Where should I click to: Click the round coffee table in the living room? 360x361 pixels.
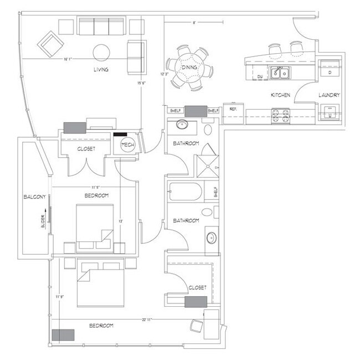101,52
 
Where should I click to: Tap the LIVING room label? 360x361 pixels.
101,70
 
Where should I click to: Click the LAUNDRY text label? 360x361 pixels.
329,95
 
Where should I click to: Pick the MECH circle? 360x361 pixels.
128,146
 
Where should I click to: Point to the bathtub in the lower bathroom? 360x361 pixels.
187,192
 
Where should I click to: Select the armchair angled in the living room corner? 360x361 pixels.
49,42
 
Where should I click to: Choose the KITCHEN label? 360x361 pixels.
280,95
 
